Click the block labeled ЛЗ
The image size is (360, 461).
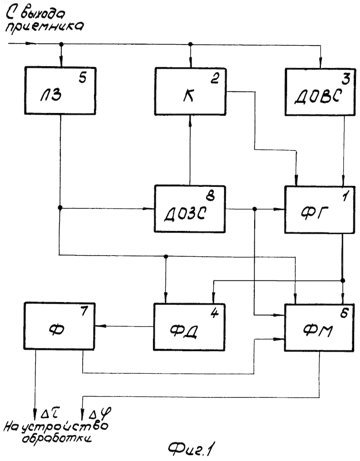[60, 90]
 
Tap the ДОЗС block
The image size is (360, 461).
[190, 209]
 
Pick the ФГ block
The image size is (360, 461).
[319, 210]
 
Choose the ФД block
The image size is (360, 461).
[189, 327]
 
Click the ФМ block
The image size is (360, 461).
[319, 328]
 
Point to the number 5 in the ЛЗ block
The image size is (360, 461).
[83, 78]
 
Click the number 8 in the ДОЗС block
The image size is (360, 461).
[211, 195]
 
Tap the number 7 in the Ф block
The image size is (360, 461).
[84, 311]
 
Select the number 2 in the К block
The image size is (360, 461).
[215, 78]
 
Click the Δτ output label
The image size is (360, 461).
[50, 414]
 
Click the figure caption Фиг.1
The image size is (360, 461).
[190, 449]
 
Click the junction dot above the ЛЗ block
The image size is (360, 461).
[61, 45]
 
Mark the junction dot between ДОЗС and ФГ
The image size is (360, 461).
[255, 209]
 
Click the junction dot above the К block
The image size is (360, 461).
[190, 45]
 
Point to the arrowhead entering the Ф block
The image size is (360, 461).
[99, 326]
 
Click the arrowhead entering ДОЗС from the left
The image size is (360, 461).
[149, 209]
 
